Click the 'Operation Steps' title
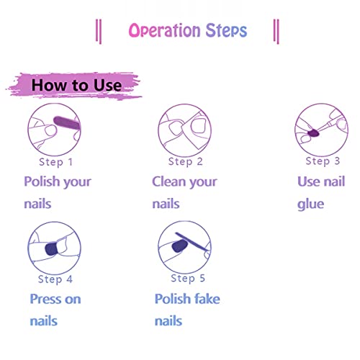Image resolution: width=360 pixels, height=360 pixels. point(187,31)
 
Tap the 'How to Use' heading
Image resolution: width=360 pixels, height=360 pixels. point(76,85)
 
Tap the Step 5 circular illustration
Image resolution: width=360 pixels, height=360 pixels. point(184,247)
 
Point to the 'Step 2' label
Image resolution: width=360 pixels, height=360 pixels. point(186,161)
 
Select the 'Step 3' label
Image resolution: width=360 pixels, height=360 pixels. point(323,161)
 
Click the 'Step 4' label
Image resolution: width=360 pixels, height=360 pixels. point(56,279)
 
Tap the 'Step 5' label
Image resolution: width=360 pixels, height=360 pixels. point(187,279)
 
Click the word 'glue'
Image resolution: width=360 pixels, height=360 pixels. point(311,204)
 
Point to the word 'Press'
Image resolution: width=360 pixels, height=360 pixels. point(47,299)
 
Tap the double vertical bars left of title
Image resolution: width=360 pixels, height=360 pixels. point(99,31)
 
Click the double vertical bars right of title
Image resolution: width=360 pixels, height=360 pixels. point(276,31)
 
